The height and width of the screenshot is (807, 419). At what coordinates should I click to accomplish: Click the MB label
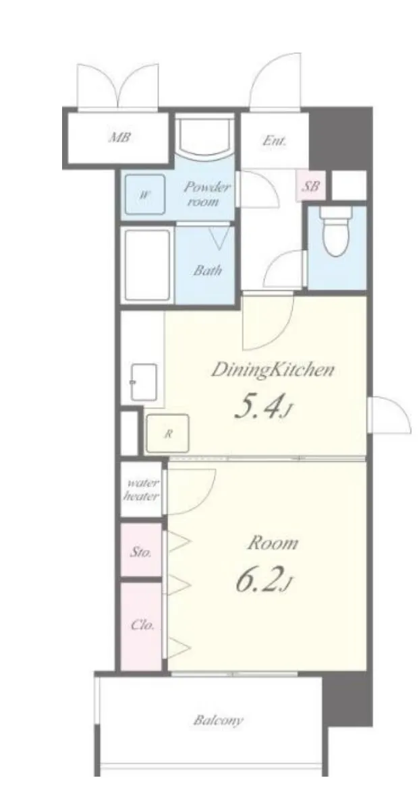tap(119, 138)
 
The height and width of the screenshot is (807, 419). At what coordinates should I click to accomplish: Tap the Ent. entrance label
tap(274, 140)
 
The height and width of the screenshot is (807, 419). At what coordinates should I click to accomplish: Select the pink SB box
tap(311, 186)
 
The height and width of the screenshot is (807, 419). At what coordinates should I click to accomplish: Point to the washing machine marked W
tap(144, 195)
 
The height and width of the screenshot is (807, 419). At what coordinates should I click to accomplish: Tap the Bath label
tap(208, 270)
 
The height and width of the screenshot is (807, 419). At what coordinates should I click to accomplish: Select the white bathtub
tap(147, 266)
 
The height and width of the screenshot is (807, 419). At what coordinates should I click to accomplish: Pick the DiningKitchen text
tap(273, 370)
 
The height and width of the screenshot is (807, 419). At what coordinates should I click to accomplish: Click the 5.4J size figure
tap(263, 407)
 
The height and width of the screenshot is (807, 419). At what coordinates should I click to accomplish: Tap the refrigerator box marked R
tap(167, 434)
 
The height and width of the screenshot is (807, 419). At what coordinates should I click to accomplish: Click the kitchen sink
tap(144, 382)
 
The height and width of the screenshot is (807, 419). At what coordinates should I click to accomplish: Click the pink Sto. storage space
tap(141, 549)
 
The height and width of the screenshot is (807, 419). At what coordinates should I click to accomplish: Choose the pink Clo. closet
tap(141, 626)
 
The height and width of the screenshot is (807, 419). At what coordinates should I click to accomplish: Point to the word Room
tap(273, 543)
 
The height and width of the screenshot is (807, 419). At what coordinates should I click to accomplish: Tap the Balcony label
tap(218, 720)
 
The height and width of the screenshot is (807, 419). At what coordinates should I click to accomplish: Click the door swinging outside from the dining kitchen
tap(390, 415)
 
